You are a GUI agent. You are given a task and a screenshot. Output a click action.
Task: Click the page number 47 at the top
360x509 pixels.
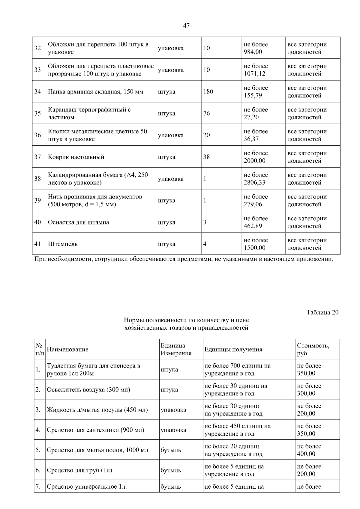point(186,26)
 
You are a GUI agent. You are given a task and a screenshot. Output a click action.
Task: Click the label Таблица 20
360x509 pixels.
point(322,312)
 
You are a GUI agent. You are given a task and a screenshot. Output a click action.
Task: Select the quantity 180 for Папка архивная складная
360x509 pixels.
point(208,91)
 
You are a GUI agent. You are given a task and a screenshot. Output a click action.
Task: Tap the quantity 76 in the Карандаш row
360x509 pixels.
point(207,113)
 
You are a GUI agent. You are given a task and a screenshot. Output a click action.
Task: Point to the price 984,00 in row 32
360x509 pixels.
point(253,52)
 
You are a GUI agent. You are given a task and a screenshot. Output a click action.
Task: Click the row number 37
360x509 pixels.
point(37,157)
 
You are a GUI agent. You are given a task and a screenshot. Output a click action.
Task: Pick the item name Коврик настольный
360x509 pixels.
point(76,157)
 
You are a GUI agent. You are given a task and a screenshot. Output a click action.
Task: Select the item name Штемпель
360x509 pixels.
point(63,244)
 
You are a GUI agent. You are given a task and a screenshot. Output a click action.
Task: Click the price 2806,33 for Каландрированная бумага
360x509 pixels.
point(254,183)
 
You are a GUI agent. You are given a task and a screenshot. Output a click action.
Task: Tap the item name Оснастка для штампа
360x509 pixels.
point(78,222)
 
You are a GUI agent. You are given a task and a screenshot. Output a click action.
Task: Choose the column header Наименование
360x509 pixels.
point(67,349)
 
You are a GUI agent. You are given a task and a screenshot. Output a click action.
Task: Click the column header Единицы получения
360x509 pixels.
point(233,349)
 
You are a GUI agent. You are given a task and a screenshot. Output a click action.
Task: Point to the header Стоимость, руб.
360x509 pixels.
point(313,349)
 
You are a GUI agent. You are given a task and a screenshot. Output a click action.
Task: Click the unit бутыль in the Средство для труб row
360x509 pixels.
point(171,470)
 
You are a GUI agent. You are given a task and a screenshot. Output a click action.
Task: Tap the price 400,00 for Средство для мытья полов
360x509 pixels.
point(306,454)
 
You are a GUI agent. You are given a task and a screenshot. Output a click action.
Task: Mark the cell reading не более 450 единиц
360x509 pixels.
point(237,426)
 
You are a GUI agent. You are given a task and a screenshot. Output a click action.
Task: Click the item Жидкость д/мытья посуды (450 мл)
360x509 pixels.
point(97,410)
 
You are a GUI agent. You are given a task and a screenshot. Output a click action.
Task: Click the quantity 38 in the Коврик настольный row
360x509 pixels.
point(206,157)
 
